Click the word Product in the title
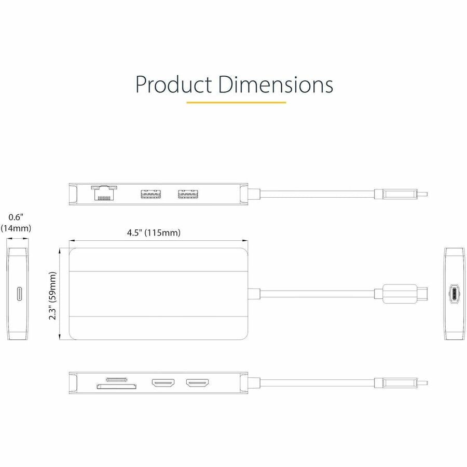click(174, 85)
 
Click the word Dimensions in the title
click(275, 85)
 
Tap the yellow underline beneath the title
click(236, 102)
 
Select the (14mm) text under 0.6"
click(16, 228)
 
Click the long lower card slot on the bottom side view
click(117, 386)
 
